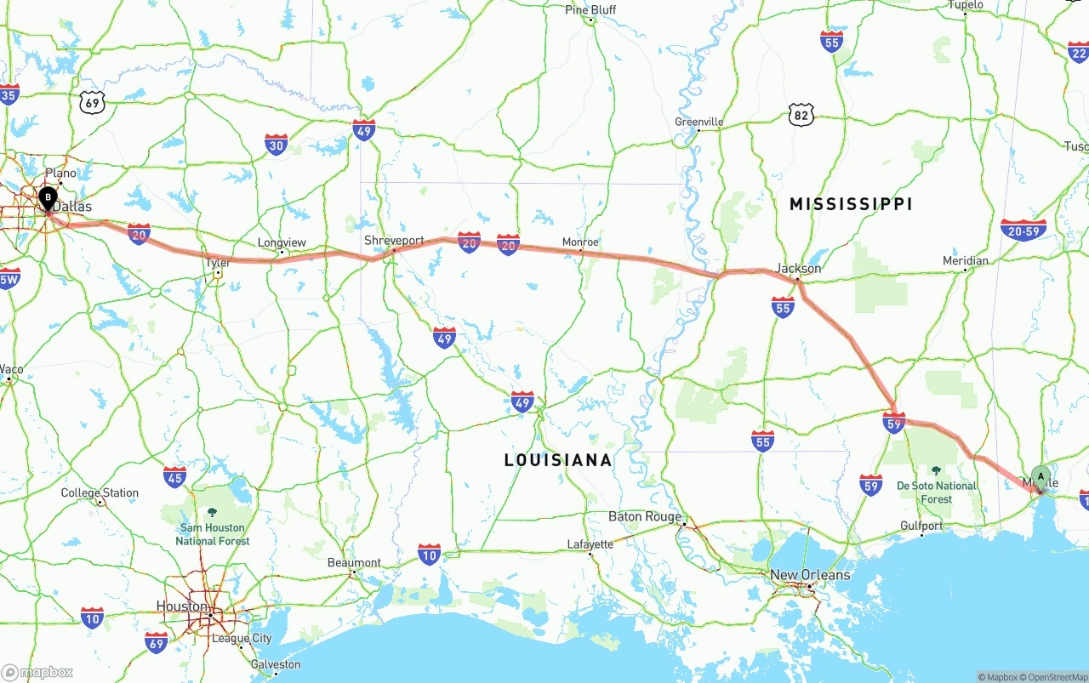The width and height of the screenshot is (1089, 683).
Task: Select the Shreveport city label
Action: pyautogui.click(x=394, y=241)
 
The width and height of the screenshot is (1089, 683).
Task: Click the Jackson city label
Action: pyautogui.click(x=798, y=269)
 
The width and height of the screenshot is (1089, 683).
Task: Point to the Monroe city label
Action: pyautogui.click(x=580, y=242)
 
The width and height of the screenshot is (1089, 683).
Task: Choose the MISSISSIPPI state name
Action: pyautogui.click(x=850, y=204)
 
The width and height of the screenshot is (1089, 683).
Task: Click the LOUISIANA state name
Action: pyautogui.click(x=557, y=460)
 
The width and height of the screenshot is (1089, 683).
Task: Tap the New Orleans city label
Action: pyautogui.click(x=810, y=575)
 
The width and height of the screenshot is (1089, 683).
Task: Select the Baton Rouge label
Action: pyautogui.click(x=645, y=516)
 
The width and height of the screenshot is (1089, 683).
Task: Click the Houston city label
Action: pyautogui.click(x=181, y=606)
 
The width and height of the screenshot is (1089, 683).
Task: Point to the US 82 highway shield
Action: pyautogui.click(x=801, y=114)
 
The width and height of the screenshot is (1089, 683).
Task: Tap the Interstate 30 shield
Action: pyautogui.click(x=276, y=145)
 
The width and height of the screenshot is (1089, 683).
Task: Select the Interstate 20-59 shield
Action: pyautogui.click(x=1023, y=231)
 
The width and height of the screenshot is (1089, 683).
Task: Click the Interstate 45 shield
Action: pyautogui.click(x=174, y=477)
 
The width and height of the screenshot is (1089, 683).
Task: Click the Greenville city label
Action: pyautogui.click(x=698, y=122)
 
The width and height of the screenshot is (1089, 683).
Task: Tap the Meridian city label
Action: pyautogui.click(x=966, y=261)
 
